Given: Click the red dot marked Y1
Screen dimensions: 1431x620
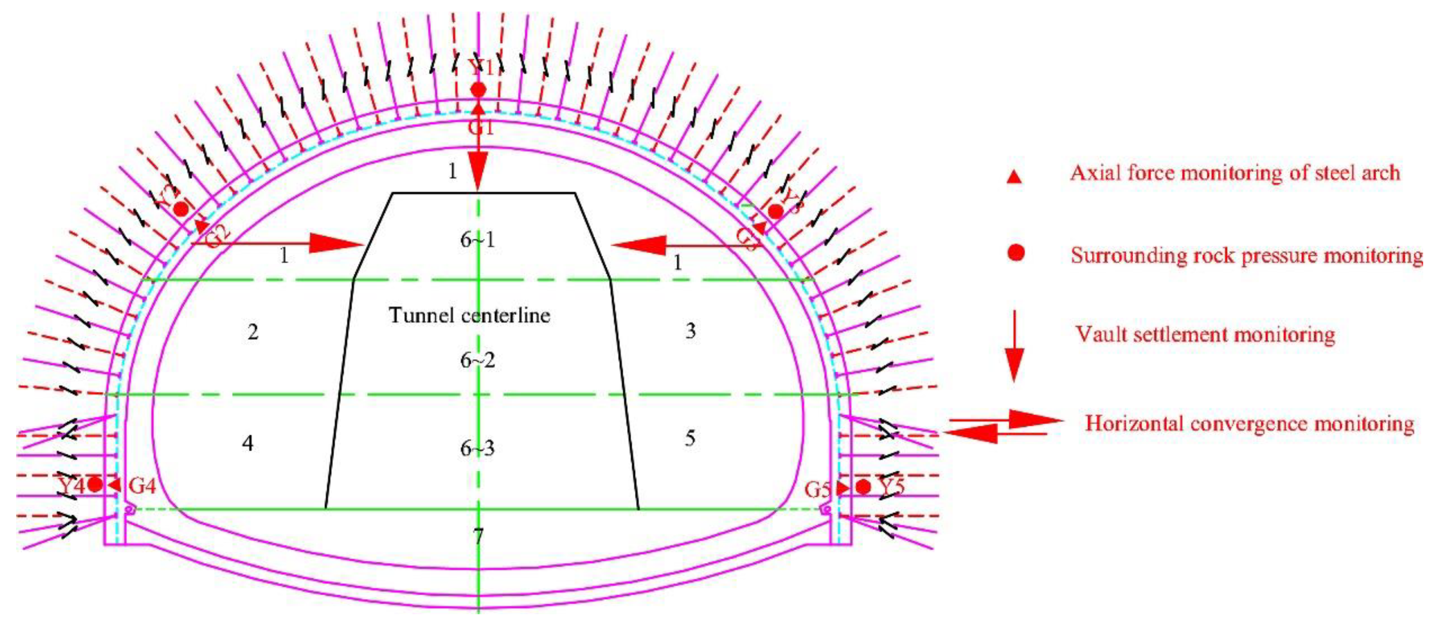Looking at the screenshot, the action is click(478, 90).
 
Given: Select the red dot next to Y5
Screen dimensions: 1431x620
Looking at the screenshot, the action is click(863, 487).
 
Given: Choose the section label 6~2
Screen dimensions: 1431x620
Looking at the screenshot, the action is click(477, 361).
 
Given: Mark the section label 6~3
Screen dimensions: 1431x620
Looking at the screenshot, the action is click(477, 448).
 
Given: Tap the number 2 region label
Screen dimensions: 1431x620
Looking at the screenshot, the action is click(253, 332).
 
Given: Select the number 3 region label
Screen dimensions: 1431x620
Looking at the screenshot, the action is click(690, 331).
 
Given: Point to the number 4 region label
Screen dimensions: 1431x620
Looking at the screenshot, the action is click(248, 443).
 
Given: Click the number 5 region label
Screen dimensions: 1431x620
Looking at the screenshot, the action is click(689, 438).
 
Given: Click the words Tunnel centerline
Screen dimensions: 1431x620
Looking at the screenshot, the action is click(469, 315).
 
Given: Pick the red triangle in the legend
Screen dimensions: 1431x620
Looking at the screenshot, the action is click(1014, 177).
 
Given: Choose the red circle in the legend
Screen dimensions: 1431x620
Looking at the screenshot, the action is click(1016, 253).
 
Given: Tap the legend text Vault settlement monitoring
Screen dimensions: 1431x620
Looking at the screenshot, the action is click(1205, 335).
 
